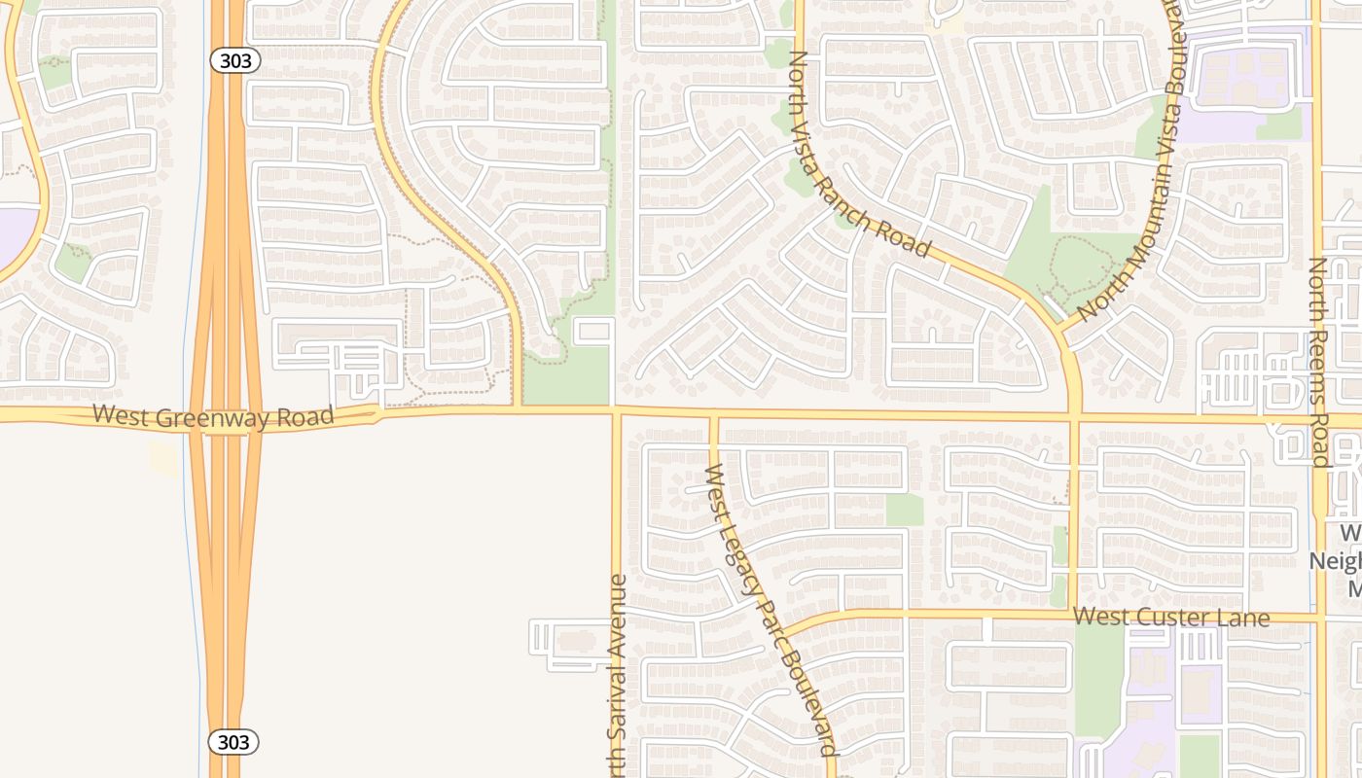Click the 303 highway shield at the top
234,60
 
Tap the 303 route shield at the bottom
234,743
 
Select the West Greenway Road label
213,415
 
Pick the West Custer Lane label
1171,618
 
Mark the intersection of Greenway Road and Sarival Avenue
616,411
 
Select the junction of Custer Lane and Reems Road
1319,618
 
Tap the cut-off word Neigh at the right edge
1335,561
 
